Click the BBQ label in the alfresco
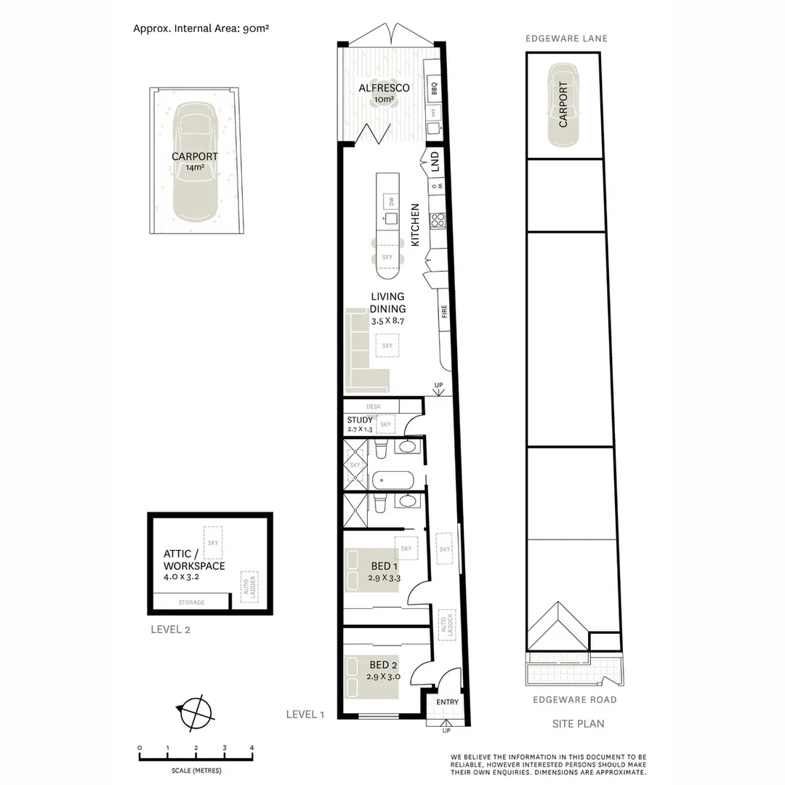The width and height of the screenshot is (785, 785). click(433, 89)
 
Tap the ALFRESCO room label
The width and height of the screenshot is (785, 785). click(384, 88)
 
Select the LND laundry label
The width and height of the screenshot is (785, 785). click(434, 160)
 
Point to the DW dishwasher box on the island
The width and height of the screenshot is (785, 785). click(390, 201)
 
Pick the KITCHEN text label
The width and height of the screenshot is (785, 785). click(416, 225)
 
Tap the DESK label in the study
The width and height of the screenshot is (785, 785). click(373, 407)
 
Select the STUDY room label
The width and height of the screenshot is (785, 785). click(359, 420)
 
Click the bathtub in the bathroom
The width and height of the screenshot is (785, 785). click(392, 480)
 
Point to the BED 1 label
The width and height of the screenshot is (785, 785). click(383, 566)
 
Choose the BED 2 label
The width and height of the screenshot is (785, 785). click(383, 664)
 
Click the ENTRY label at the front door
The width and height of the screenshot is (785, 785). click(447, 701)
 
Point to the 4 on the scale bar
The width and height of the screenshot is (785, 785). click(251, 747)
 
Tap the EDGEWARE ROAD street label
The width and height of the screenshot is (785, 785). click(574, 700)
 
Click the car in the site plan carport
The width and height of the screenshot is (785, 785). click(563, 105)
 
